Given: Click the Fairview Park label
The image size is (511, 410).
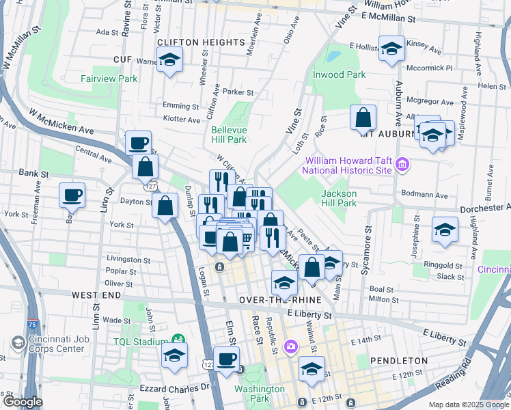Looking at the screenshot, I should click(x=109, y=79).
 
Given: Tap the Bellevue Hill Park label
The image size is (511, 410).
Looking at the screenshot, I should click(x=228, y=135).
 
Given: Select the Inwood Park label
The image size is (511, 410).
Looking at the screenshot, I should click(x=339, y=74).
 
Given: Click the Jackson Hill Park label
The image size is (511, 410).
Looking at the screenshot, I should click(x=339, y=198).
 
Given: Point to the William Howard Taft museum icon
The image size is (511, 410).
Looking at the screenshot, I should click(x=402, y=165).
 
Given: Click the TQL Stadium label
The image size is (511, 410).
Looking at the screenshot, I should click(x=141, y=342).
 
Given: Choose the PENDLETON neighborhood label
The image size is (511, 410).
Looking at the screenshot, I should click(x=398, y=360).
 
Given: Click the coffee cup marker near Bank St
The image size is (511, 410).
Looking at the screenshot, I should click(x=72, y=195).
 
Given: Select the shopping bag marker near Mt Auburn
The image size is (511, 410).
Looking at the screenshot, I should click(x=363, y=118).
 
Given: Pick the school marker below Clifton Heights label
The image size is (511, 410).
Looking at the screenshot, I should click(x=169, y=59).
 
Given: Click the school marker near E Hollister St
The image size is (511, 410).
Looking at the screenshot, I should click(x=391, y=49).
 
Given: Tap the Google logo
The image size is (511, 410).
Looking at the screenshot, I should click(x=22, y=402).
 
